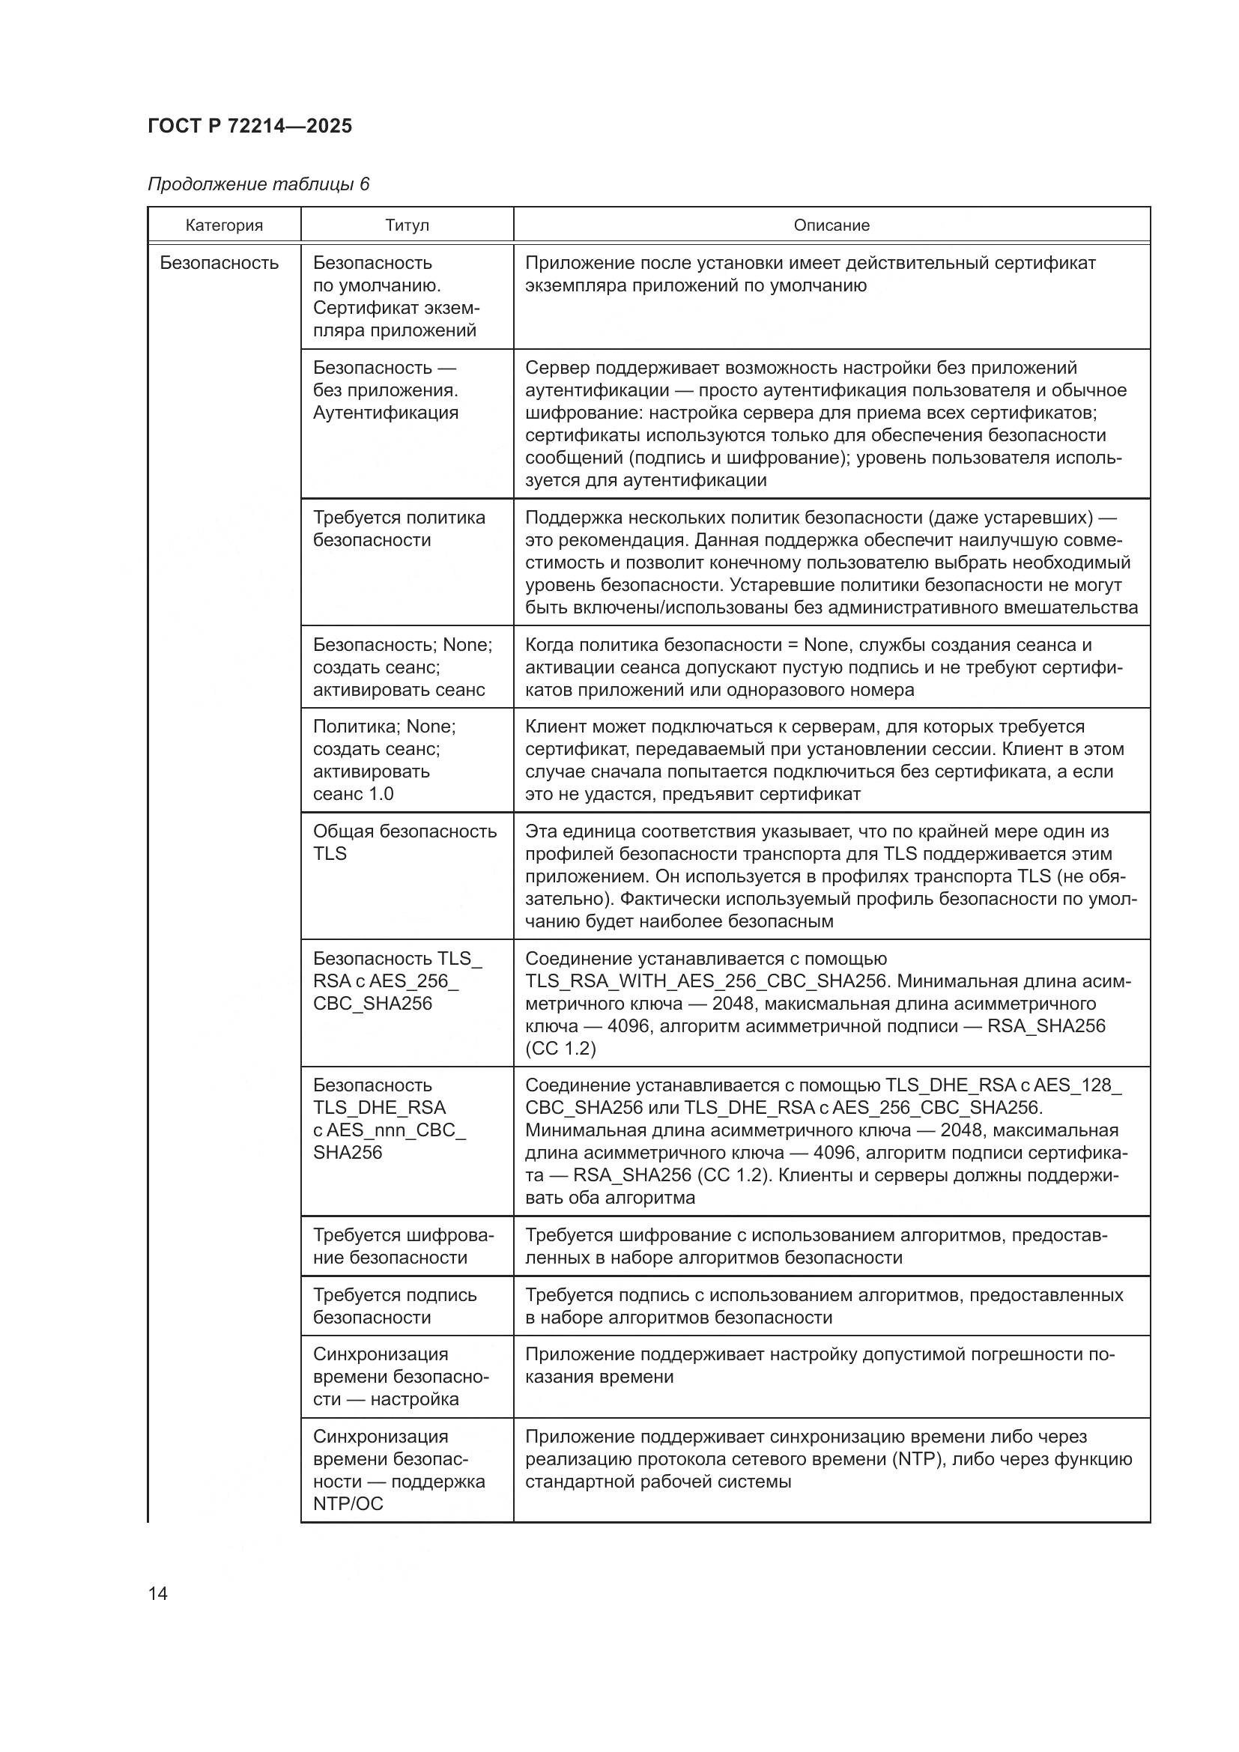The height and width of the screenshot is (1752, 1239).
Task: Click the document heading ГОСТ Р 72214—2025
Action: click(x=249, y=126)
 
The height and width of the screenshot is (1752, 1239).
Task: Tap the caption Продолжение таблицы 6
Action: click(x=258, y=184)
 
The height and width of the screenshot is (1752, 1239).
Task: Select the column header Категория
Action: click(x=223, y=225)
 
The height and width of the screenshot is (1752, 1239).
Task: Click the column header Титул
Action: click(x=407, y=225)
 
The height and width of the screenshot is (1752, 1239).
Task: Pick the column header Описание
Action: click(x=831, y=225)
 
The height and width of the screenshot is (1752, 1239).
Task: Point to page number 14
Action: click(x=158, y=1593)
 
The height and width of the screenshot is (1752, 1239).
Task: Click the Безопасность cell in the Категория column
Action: click(x=219, y=262)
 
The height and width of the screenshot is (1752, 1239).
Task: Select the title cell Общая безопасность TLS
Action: click(x=405, y=843)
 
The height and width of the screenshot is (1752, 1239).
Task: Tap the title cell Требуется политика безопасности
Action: click(x=399, y=529)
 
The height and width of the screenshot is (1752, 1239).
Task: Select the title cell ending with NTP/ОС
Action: click(x=399, y=1470)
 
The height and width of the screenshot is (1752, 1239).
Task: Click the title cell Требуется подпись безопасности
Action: click(x=395, y=1306)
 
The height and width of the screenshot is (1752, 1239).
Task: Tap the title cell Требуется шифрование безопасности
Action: click(x=403, y=1246)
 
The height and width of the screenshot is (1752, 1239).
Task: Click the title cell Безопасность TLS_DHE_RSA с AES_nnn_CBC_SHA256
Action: click(x=388, y=1118)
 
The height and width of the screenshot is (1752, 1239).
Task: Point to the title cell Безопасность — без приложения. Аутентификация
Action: click(x=385, y=390)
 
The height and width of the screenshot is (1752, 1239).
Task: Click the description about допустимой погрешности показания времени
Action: click(x=820, y=1365)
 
